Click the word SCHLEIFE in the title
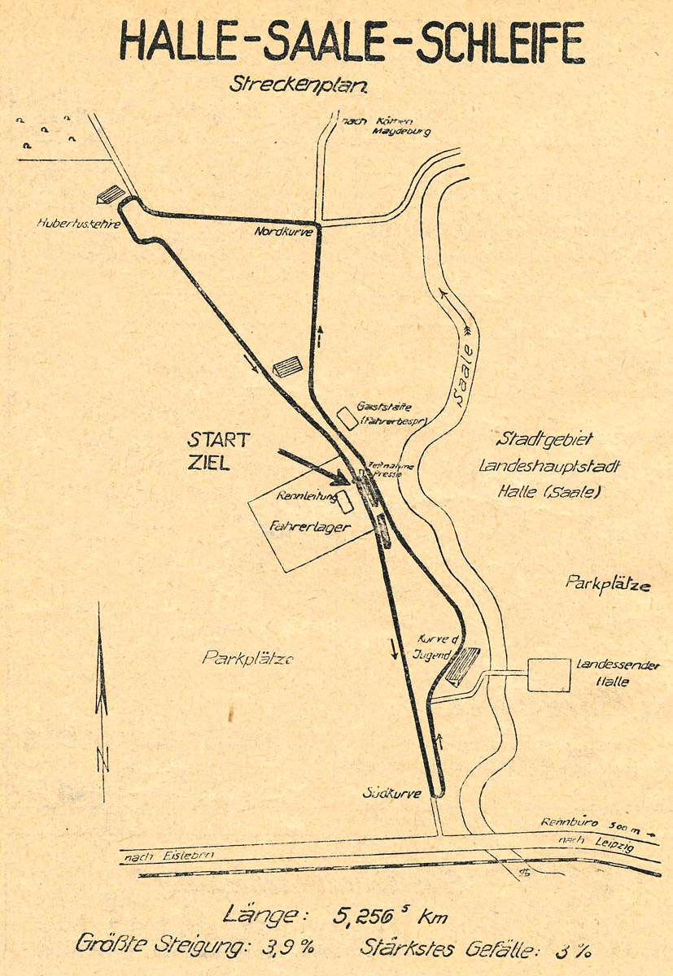(500, 42)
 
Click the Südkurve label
(392, 793)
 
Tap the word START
(219, 440)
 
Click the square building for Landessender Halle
(548, 674)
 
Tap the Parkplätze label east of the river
(608, 582)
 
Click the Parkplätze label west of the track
(247, 658)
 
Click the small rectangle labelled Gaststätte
(347, 418)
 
